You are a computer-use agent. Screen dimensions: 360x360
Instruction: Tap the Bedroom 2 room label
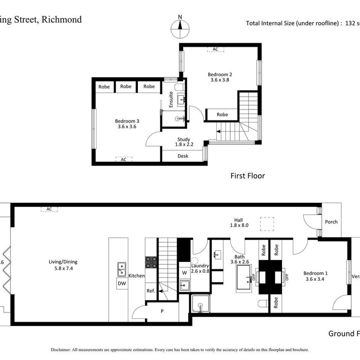coord(220,77)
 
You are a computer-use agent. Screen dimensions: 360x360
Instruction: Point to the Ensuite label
coord(171,100)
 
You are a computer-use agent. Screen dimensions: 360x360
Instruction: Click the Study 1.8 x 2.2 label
coord(183,142)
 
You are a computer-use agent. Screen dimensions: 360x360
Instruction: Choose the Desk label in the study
coord(183,156)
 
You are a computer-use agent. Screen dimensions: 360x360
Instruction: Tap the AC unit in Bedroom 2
coord(215,49)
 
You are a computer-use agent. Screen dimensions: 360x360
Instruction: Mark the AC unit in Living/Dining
coord(49,209)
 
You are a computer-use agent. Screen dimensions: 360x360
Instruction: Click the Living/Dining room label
coord(62,265)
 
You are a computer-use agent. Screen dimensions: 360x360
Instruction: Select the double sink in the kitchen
coord(122,270)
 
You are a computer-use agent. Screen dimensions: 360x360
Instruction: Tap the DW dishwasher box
coord(122,284)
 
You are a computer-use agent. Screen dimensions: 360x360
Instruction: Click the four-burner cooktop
coord(151,262)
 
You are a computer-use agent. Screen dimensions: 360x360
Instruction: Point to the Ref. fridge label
coord(151,291)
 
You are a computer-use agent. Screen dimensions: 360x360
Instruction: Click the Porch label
coord(331,222)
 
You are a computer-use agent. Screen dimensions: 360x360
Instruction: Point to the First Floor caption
coord(247,176)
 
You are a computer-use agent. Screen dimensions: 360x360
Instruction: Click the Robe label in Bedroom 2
coord(222,115)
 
